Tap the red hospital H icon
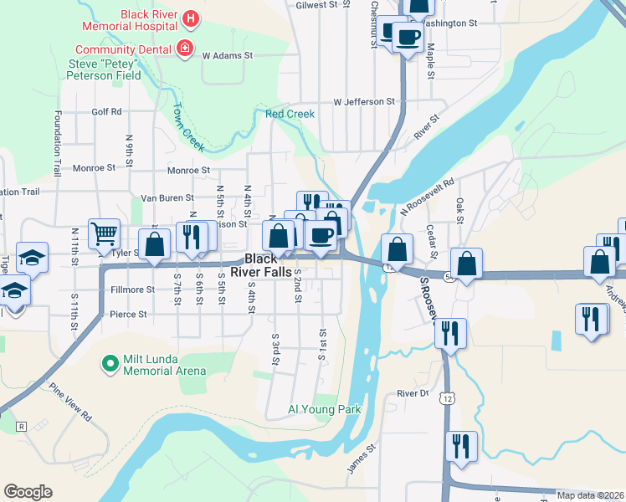click(x=191, y=18)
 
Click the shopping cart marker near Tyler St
click(x=104, y=233)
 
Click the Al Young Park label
click(x=324, y=410)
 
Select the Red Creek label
click(x=290, y=114)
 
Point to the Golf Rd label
click(x=106, y=111)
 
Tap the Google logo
click(x=28, y=492)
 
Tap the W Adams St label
click(x=228, y=55)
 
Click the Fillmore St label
click(x=132, y=289)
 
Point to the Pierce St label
click(x=128, y=315)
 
